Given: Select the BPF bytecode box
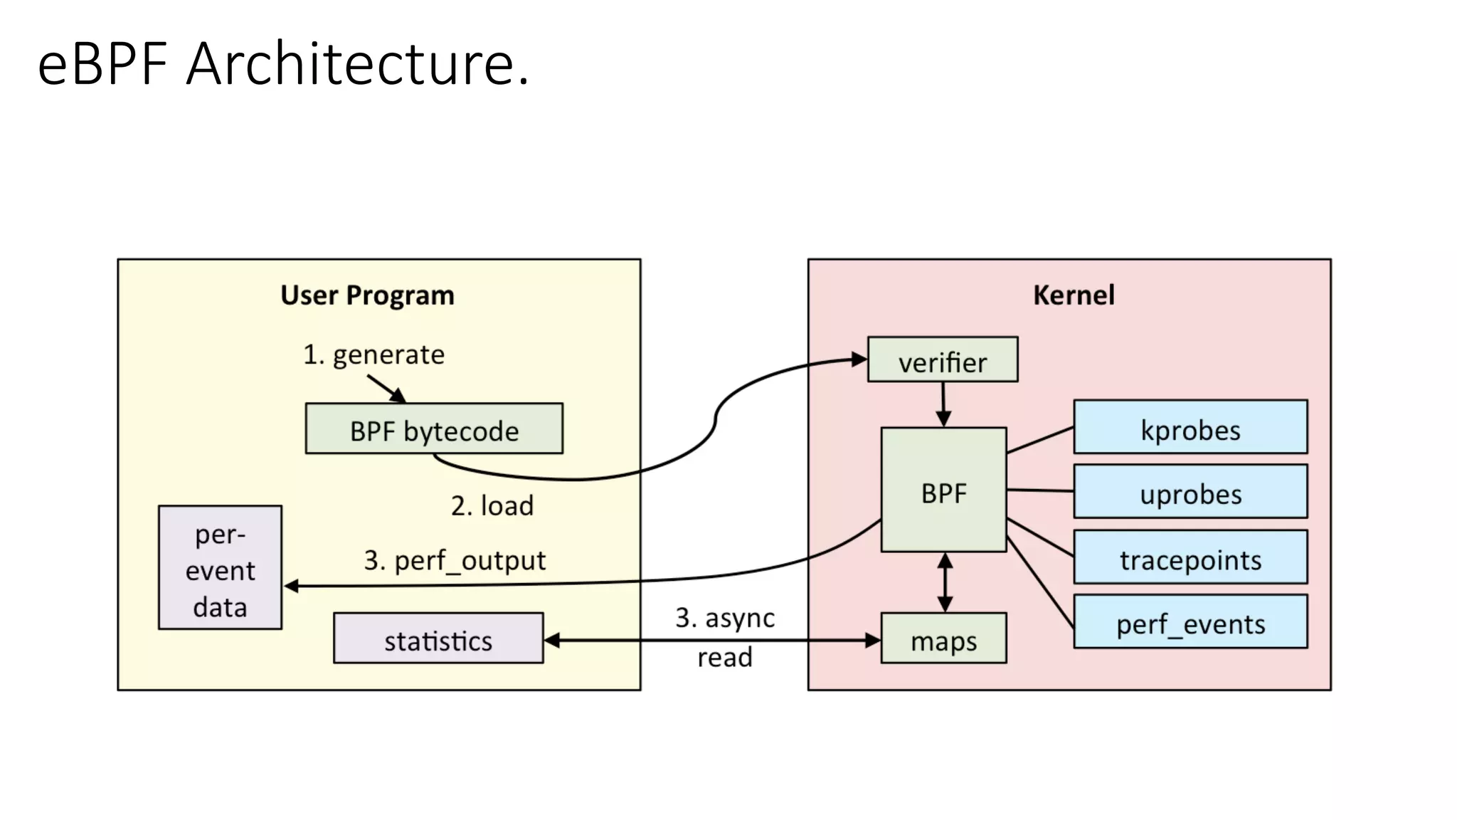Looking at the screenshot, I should pyautogui.click(x=434, y=429).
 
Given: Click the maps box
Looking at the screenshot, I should pyautogui.click(x=943, y=638).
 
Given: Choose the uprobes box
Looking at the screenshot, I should pyautogui.click(x=1190, y=492).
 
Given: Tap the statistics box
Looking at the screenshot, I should pyautogui.click(x=438, y=638).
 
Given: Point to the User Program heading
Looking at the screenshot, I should pyautogui.click(x=367, y=295).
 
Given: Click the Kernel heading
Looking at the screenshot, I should pyautogui.click(x=1074, y=295).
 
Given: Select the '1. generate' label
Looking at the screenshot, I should pyautogui.click(x=374, y=354).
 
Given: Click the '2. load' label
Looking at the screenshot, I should pyautogui.click(x=492, y=505).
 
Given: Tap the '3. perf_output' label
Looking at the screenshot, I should pyautogui.click(x=455, y=560).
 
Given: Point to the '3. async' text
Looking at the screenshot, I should pyautogui.click(x=725, y=617).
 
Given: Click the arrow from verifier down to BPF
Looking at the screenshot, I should pyautogui.click(x=943, y=404).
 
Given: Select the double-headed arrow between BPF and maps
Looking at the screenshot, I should pyautogui.click(x=945, y=582).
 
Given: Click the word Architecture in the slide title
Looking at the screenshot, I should pyautogui.click(x=357, y=64).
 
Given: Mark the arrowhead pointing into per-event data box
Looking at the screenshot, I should pyautogui.click(x=291, y=587).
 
